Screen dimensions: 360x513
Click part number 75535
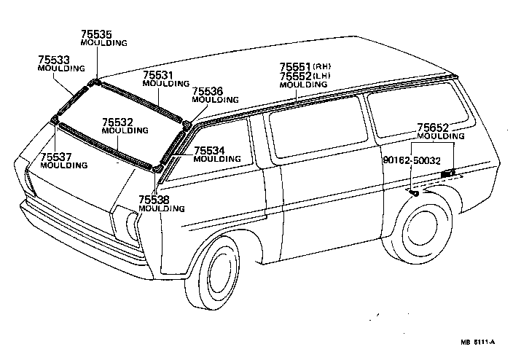tap(98, 34)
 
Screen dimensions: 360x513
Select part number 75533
tap(55, 59)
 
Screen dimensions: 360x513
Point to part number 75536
tap(207, 91)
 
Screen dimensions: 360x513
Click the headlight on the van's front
tap(131, 226)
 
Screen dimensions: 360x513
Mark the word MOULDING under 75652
tap(441, 136)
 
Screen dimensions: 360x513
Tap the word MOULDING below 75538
tap(161, 208)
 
